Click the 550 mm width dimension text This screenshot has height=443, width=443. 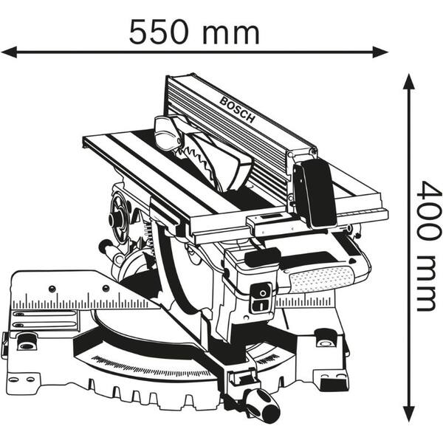click(x=193, y=32)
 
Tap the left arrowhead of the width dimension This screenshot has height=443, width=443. click(x=9, y=52)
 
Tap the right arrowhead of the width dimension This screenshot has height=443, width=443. click(x=380, y=52)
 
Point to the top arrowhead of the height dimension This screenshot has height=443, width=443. click(x=408, y=81)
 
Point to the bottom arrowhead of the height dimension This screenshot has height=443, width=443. click(x=408, y=414)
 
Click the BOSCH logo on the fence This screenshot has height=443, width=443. click(x=237, y=109)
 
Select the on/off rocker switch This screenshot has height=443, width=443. click(x=261, y=298)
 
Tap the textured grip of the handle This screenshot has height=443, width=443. click(x=321, y=278)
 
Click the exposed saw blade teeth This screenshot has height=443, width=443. click(x=198, y=158)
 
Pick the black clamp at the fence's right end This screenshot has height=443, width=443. click(x=315, y=193)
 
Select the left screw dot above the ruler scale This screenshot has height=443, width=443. click(x=52, y=289)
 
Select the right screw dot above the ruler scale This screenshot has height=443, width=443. click(x=106, y=289)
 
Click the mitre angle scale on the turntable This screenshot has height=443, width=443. click(x=153, y=367)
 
